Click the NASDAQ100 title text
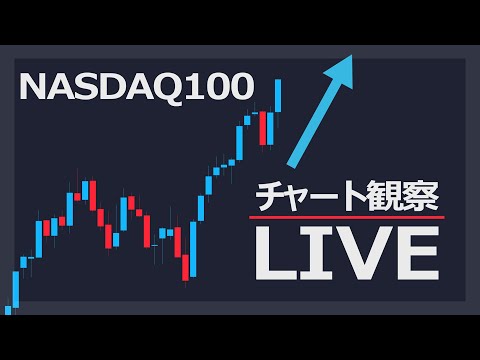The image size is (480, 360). coord(136,87)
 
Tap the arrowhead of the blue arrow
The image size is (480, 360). coord(345,69)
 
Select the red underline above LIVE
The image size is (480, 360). coord(345,217)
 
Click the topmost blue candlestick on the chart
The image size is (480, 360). coord(279,95)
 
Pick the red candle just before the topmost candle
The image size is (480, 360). coord(267,128)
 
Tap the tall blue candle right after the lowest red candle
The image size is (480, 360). coord(194,245)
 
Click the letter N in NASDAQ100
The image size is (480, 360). coord(32,87)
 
